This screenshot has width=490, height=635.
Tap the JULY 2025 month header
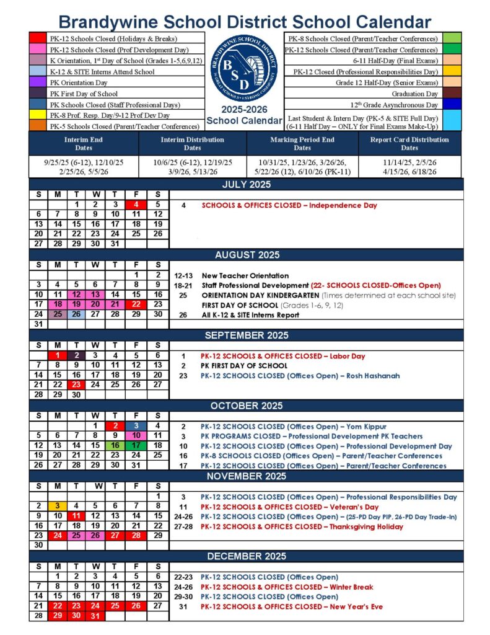[247, 184]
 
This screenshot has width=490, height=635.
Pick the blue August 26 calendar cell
[76, 314]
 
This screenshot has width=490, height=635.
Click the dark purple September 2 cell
[76, 355]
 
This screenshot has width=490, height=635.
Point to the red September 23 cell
[76, 384]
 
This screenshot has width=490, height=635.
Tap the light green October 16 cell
[115, 445]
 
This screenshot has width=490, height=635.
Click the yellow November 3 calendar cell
[57, 506]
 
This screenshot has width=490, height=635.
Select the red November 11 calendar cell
[76, 516]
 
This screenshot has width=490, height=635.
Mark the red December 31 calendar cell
[95, 616]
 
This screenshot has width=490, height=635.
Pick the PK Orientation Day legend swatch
[38, 82]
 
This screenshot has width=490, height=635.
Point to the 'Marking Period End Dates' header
[302, 144]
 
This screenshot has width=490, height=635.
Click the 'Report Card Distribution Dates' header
[409, 144]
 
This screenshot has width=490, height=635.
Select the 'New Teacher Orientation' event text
[245, 275]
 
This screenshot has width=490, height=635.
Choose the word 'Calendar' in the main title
[385, 22]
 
